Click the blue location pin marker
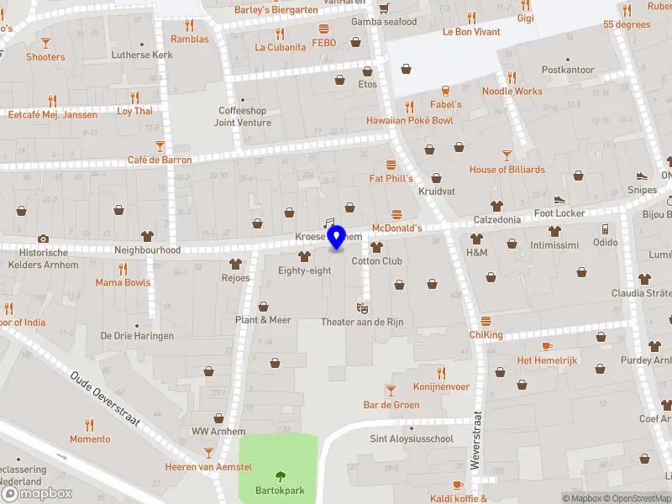tap(336, 237)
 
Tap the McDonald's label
tap(396, 228)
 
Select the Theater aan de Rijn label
tap(362, 323)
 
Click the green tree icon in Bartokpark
tap(281, 478)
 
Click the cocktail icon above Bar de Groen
tap(391, 390)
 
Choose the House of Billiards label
tap(507, 170)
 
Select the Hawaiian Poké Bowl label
tap(409, 121)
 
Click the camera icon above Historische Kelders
tap(43, 239)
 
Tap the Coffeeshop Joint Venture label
tap(243, 117)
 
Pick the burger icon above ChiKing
tap(486, 321)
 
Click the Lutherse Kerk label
tap(142, 55)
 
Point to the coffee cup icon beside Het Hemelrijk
tap(547, 346)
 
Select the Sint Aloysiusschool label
tap(412, 438)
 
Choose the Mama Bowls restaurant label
tap(123, 282)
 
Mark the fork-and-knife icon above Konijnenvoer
tap(440, 373)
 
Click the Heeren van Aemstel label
tap(208, 467)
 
